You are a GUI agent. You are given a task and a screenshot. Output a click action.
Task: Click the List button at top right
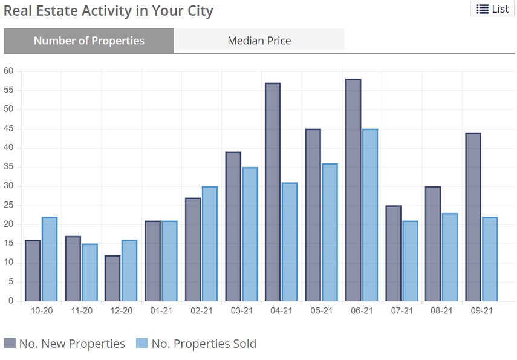(x=492, y=8)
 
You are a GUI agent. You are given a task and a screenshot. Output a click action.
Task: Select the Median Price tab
(x=259, y=41)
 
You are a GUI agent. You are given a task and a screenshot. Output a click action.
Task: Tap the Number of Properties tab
(x=89, y=41)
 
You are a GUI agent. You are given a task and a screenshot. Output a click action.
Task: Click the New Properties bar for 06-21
(x=353, y=190)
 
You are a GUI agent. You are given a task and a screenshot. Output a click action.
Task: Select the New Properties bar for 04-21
(x=273, y=192)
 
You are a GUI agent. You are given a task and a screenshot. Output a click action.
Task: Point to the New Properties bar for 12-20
(x=112, y=278)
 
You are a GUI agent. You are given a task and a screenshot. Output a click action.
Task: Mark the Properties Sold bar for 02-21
(x=209, y=244)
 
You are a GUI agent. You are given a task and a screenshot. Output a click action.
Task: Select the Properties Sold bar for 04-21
(x=289, y=242)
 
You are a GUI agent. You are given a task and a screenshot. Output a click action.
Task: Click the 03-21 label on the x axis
(x=241, y=310)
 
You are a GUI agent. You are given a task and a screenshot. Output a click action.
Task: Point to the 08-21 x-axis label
(x=441, y=310)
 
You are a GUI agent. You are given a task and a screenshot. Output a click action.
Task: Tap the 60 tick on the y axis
(x=8, y=71)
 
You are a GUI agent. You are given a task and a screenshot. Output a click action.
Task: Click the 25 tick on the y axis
(x=8, y=205)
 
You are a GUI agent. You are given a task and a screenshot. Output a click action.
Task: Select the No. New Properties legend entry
(x=65, y=344)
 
